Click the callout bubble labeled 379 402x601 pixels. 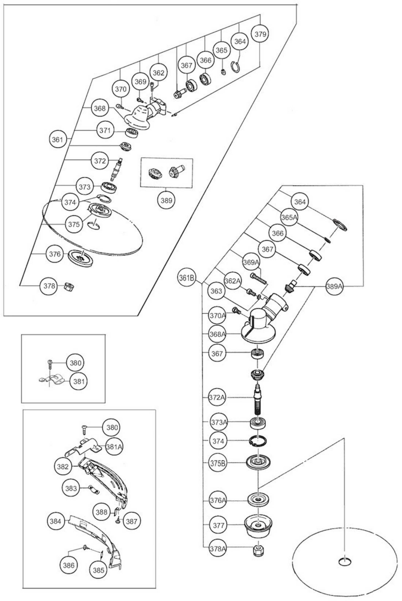pos(260,34)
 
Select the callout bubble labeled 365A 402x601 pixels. pos(289,217)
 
